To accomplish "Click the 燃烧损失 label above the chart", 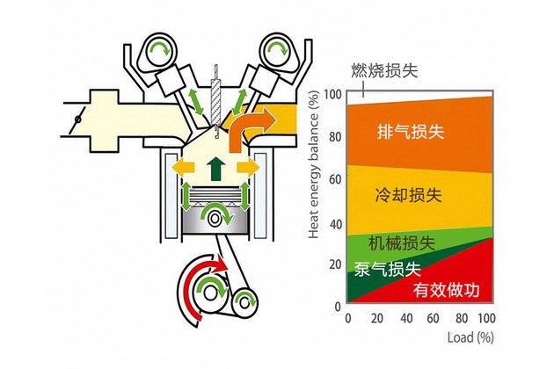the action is [x=384, y=70].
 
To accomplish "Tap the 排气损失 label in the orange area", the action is [x=411, y=132].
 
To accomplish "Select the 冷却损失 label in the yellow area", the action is [x=409, y=195].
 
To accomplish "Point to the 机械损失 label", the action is [x=402, y=243].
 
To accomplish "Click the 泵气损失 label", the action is [x=388, y=269].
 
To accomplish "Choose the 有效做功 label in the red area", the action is [x=447, y=290].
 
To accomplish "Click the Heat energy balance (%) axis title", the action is [x=313, y=164].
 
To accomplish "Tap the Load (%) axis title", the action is [x=470, y=337].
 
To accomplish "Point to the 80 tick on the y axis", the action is [x=335, y=137].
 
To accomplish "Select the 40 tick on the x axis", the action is [x=406, y=319].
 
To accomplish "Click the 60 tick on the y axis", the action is [x=335, y=179].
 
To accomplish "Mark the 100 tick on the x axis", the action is [x=486, y=319].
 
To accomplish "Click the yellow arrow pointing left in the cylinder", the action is [x=184, y=167].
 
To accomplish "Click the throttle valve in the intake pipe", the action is [x=78, y=119].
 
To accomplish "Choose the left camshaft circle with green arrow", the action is [x=158, y=52].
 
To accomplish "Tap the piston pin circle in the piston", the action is [x=215, y=218].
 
